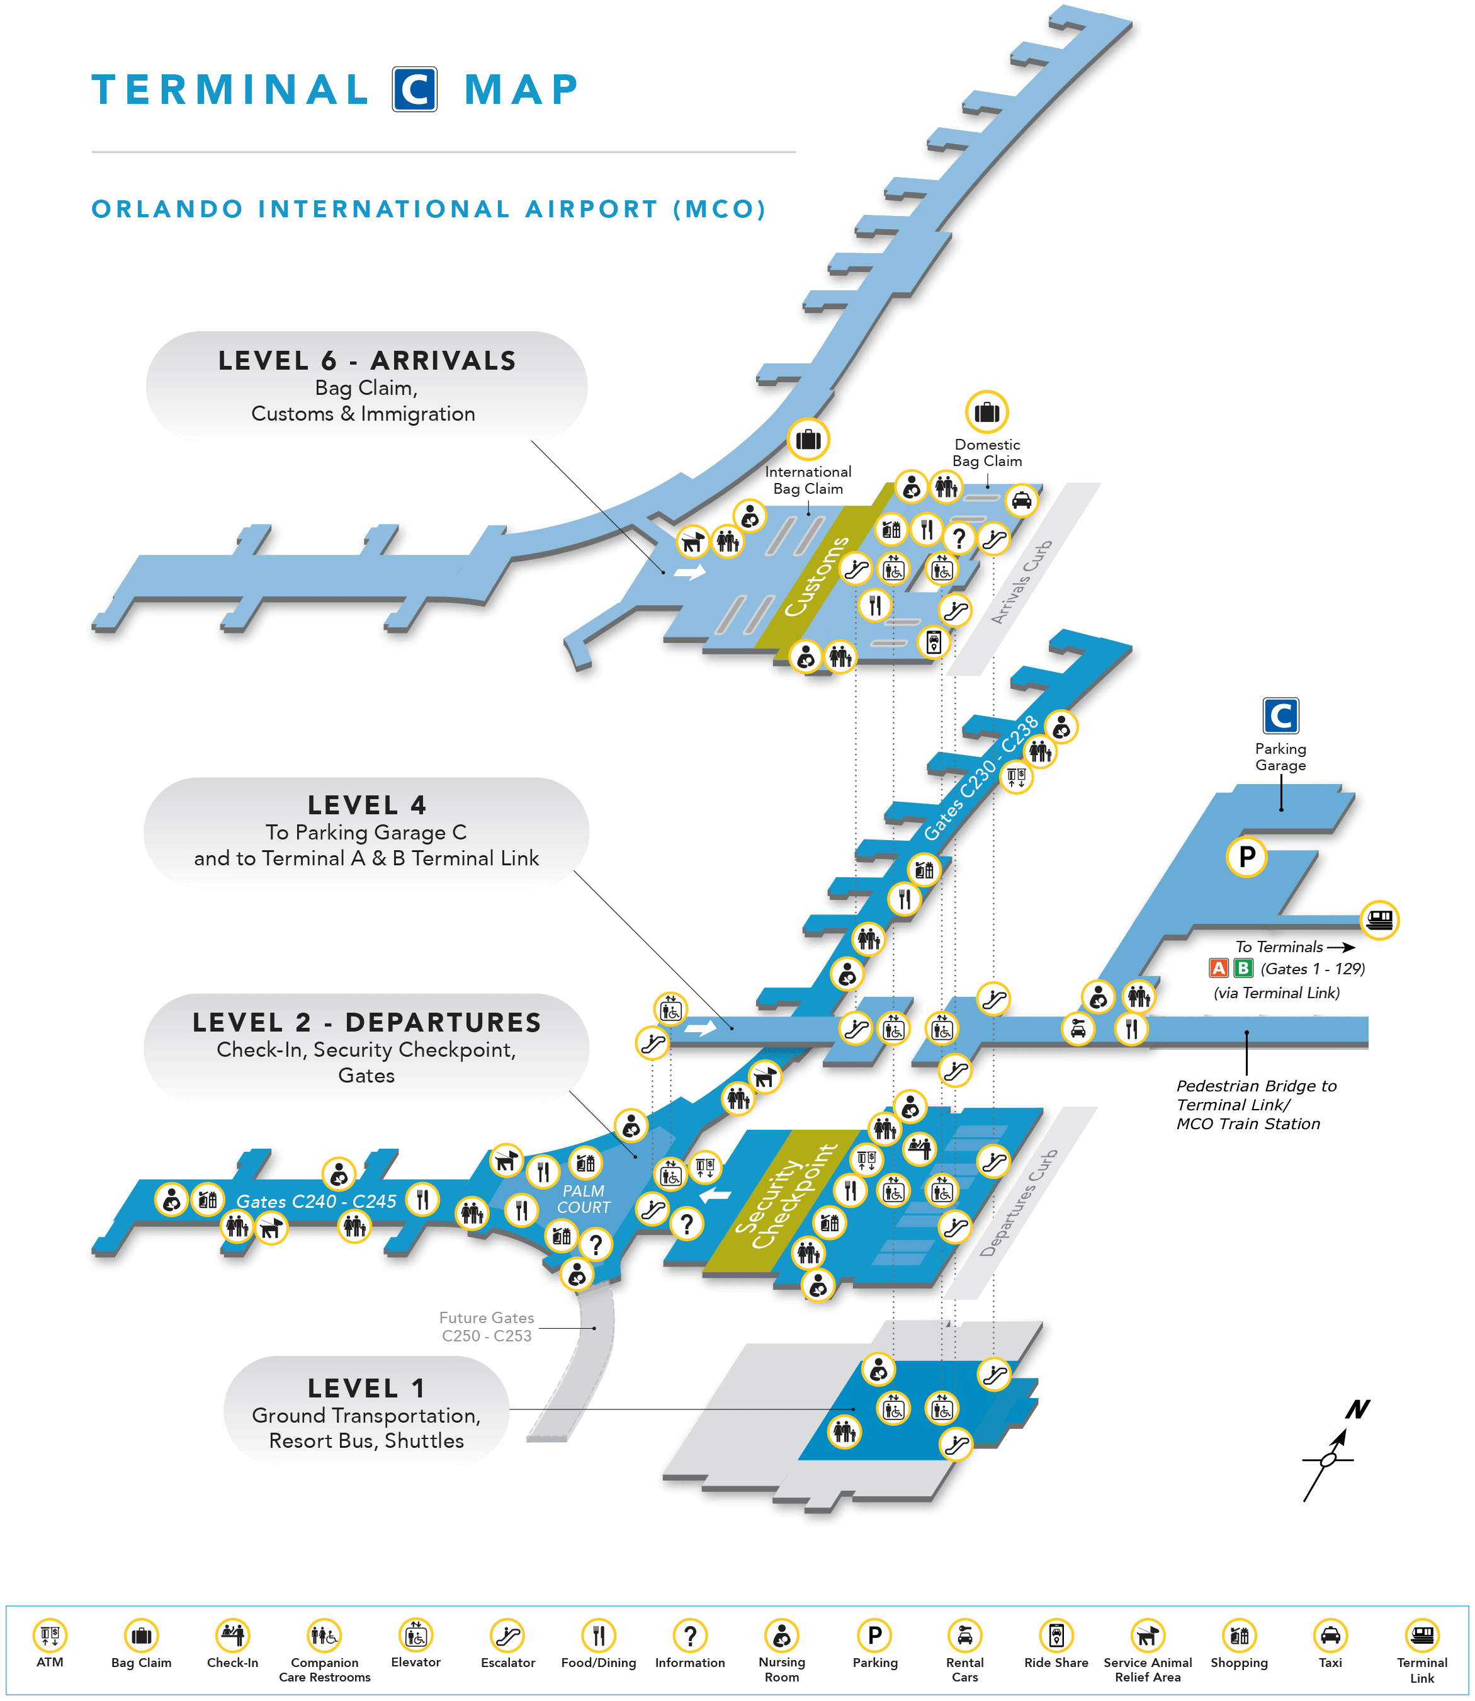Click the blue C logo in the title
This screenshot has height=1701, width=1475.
[414, 89]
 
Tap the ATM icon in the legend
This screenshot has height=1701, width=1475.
[49, 1635]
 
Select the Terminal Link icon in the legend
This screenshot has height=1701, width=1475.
[1421, 1635]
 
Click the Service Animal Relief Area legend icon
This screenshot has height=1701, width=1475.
[1148, 1635]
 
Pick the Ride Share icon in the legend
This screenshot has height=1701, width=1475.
[1056, 1635]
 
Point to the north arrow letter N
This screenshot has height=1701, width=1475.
[1357, 1409]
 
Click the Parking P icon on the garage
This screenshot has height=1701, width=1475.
[1247, 856]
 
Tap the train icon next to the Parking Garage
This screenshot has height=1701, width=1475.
[1379, 919]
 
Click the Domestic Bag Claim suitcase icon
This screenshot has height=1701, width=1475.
[987, 412]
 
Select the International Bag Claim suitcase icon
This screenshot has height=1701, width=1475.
[808, 439]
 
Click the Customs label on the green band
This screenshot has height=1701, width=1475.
[817, 576]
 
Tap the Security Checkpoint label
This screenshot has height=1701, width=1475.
[786, 1197]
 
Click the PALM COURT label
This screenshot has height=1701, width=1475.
[584, 1199]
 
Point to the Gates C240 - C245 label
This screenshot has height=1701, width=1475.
[316, 1201]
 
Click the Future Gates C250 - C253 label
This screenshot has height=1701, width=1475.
[487, 1326]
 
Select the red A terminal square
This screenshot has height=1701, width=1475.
[1218, 968]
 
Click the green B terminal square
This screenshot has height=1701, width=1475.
[1243, 968]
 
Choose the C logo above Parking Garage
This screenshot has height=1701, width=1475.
[1280, 715]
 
